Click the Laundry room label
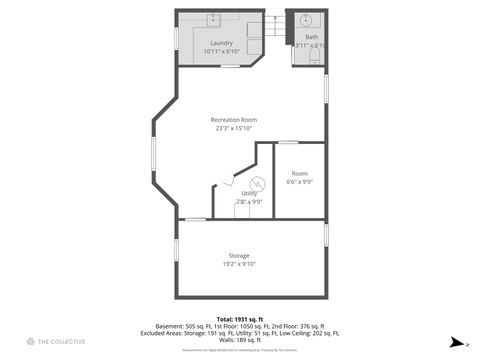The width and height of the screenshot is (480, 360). [x=221, y=42]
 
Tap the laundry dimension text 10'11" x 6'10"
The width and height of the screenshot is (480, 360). [x=221, y=51]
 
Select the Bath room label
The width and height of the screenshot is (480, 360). [x=312, y=38]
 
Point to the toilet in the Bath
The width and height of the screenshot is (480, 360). [x=311, y=58]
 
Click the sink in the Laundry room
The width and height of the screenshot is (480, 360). [x=213, y=19]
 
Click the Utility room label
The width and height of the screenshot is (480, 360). [x=249, y=194]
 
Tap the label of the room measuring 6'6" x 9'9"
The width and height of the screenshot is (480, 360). [x=300, y=173]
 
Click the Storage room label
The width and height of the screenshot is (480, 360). [x=238, y=256]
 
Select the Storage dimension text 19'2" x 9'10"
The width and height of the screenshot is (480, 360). [x=238, y=264]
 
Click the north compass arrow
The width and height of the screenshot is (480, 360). [x=457, y=341]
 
